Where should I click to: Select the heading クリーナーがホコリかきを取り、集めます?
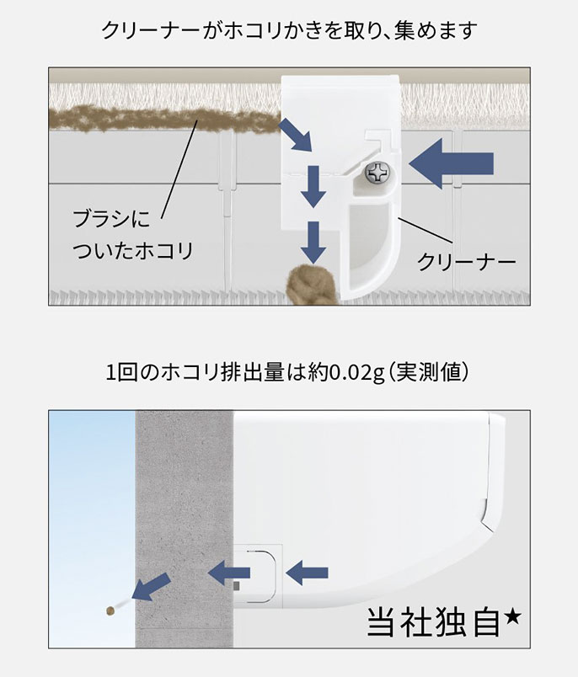[x=289, y=32]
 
